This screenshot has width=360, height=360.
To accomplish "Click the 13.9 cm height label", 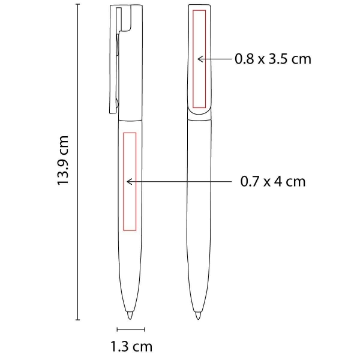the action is click(x=62, y=160).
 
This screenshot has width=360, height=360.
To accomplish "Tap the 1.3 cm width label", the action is click(x=131, y=346).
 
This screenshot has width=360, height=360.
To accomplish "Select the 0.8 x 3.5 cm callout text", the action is click(x=273, y=59).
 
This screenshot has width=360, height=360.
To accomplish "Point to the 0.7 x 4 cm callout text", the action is click(x=273, y=181).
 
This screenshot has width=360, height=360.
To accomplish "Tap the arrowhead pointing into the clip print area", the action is click(x=199, y=59).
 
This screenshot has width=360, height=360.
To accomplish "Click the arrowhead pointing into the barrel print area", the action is click(x=128, y=182).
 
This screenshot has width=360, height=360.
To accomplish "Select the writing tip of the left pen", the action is click(x=130, y=316).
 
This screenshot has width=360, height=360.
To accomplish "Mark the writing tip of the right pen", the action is click(x=198, y=316).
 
